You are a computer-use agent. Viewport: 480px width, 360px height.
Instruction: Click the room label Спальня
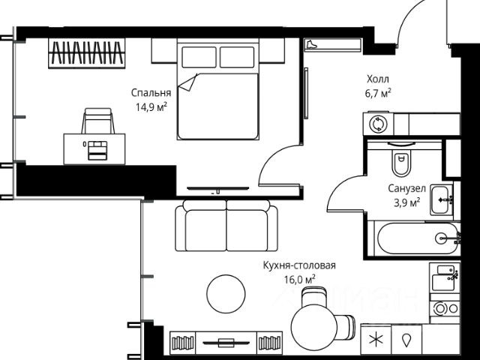[151, 92]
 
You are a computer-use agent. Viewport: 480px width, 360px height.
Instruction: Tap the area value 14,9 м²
[151, 107]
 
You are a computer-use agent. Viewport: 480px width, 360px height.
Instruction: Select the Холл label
[378, 79]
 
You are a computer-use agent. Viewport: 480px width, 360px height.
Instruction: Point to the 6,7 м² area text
[378, 93]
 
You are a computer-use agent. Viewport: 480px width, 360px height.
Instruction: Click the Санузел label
[406, 188]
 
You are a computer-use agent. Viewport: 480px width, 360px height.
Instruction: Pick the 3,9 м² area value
[406, 202]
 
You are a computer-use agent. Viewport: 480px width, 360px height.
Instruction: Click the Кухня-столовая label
[299, 265]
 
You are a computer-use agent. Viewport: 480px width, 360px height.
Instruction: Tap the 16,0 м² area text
[300, 280]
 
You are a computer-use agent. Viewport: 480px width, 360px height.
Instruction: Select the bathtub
[418, 238]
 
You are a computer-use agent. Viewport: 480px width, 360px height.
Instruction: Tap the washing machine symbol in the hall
[378, 124]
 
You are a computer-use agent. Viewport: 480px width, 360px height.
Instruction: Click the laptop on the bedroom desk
[97, 150]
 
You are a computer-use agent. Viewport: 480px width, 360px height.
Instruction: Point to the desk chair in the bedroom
[98, 121]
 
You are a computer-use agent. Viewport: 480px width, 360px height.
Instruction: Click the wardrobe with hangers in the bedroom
[87, 53]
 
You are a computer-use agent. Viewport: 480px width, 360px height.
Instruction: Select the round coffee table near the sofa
[226, 294]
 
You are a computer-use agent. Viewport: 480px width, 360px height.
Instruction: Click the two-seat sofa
[226, 226]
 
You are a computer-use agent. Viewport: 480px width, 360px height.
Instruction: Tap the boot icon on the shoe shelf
[312, 44]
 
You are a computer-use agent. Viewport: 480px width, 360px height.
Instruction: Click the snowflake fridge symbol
[376, 340]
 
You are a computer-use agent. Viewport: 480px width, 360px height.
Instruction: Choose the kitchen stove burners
[445, 308]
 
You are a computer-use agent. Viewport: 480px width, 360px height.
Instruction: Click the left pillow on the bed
[199, 57]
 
